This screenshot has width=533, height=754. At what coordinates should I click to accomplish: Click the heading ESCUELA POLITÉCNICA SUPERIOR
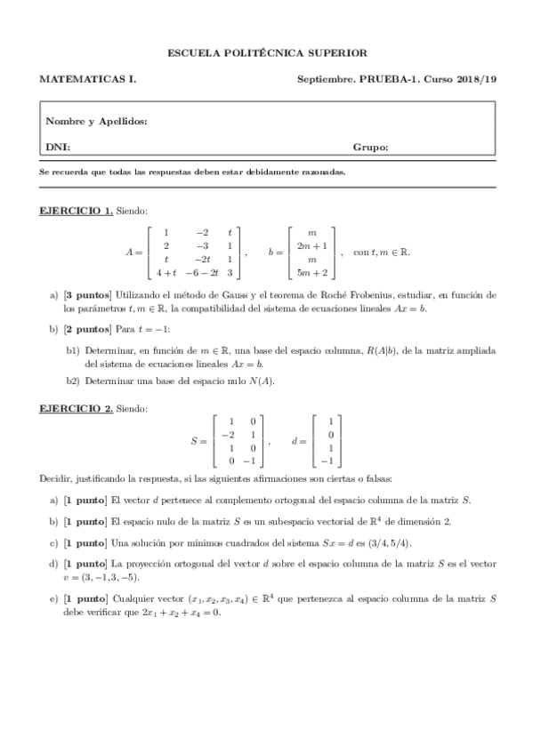(x=267, y=53)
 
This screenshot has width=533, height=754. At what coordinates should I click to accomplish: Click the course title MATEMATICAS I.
(x=87, y=79)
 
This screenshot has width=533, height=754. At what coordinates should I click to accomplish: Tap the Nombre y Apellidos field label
(x=96, y=122)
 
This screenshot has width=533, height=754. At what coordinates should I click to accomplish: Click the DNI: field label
(x=58, y=147)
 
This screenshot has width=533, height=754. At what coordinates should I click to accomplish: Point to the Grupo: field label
(x=370, y=147)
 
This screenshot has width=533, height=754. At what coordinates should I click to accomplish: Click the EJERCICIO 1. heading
(x=76, y=210)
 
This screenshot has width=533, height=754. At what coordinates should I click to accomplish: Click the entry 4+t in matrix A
(x=166, y=274)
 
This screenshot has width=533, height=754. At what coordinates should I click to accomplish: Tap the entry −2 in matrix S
(x=229, y=434)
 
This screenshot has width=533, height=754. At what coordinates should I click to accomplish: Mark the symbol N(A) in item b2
(x=263, y=381)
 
